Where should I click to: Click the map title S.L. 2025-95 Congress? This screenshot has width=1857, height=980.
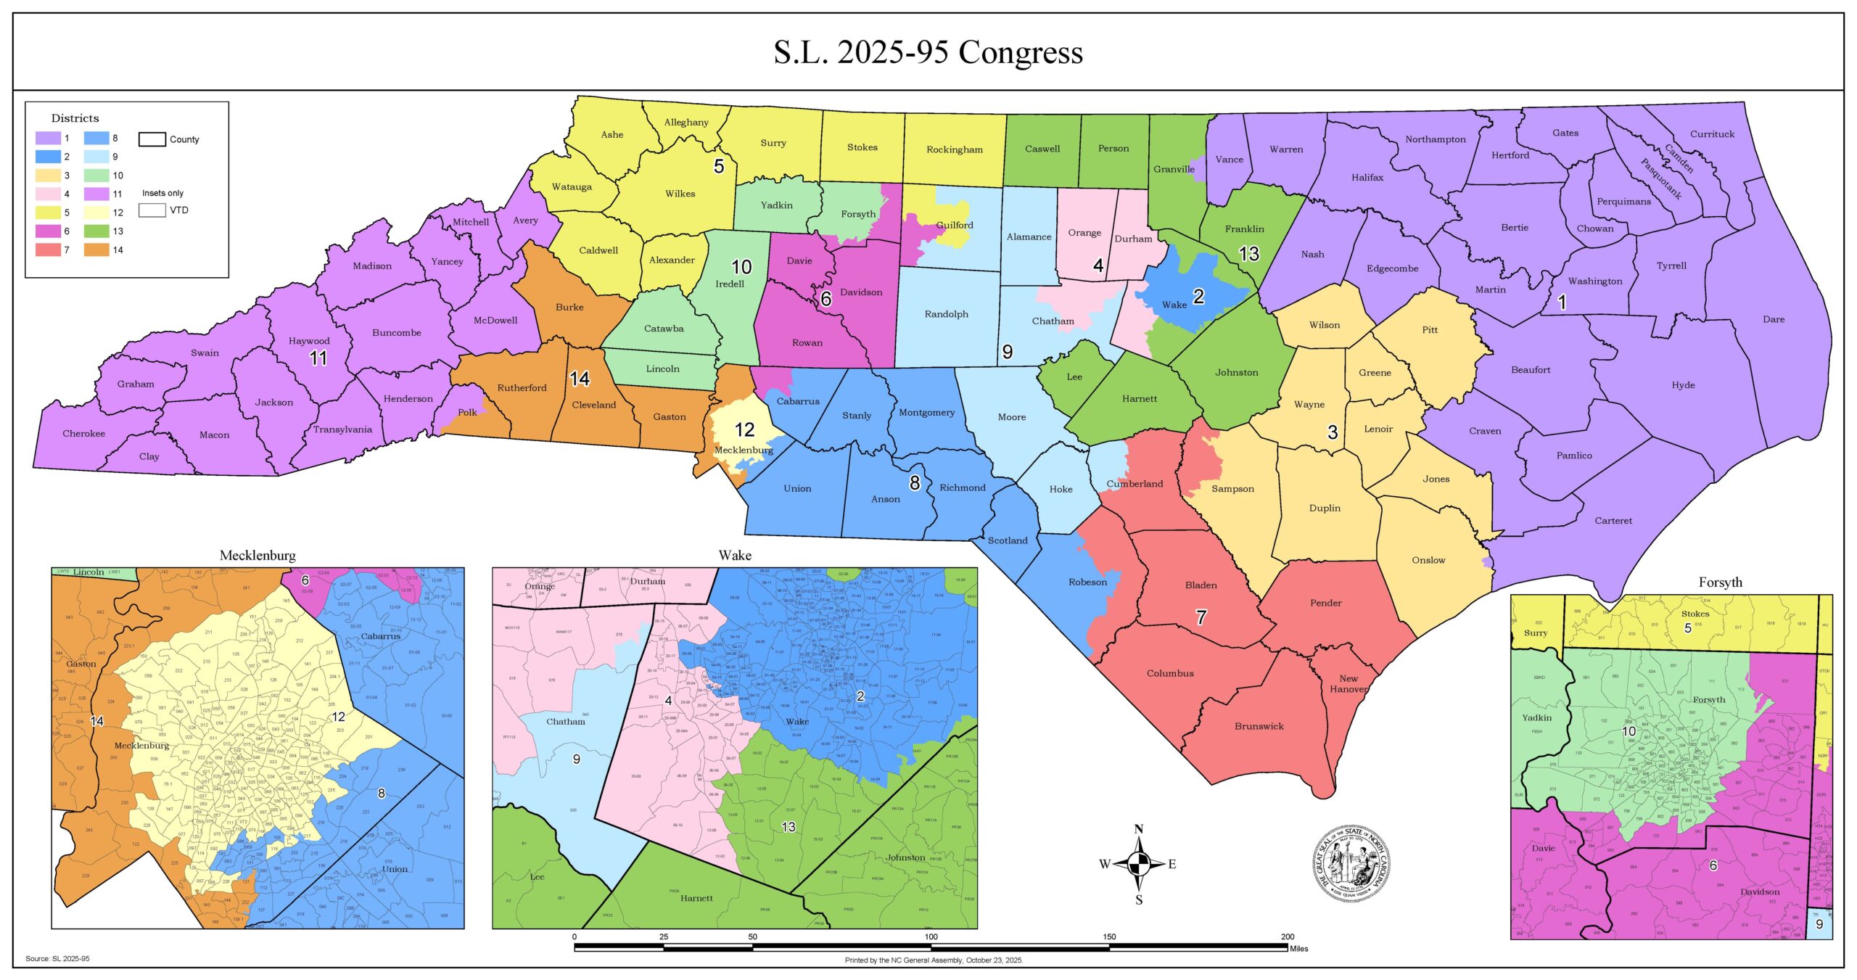[928, 52]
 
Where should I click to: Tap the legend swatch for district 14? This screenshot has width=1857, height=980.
[96, 250]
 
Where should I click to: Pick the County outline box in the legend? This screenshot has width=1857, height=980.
[152, 139]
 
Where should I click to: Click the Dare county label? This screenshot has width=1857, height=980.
[1774, 319]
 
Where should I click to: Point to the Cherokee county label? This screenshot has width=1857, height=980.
[83, 434]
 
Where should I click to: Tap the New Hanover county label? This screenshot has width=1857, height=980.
[1349, 683]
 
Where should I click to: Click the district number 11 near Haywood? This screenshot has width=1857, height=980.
[318, 358]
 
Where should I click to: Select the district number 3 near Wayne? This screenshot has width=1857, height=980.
[1332, 432]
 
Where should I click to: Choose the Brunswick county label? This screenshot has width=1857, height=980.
[1259, 726]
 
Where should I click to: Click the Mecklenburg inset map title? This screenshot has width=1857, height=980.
[258, 556]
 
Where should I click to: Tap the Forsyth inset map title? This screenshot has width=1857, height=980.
[1720, 582]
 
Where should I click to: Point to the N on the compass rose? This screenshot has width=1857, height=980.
[1139, 829]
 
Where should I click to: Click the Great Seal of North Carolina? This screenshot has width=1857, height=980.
[1351, 862]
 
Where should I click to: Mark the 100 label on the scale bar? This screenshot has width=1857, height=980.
[931, 936]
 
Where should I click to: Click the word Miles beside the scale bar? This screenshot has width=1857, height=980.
[1298, 948]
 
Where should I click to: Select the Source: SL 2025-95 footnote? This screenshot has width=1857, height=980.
[57, 959]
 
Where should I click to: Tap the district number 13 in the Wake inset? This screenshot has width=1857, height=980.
[788, 827]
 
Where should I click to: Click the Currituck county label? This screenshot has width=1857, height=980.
[1712, 134]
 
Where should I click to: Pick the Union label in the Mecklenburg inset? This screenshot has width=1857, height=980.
[395, 869]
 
